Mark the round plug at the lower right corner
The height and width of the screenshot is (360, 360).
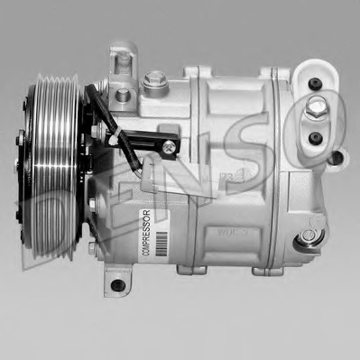pyautogui.click(x=309, y=235)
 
